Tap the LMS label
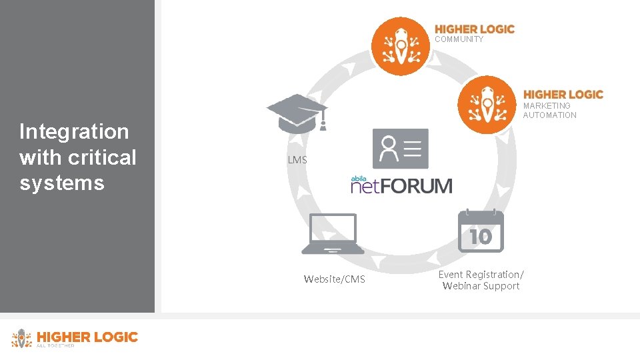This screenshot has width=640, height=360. pyautogui.click(x=297, y=160)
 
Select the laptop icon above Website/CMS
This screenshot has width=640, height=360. pyautogui.click(x=333, y=234)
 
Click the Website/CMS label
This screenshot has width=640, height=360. pyautogui.click(x=334, y=279)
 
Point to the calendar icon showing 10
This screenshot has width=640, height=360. pyautogui.click(x=481, y=231)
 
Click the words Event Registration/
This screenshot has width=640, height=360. pyautogui.click(x=481, y=275)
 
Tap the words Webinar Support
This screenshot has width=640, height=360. pyautogui.click(x=481, y=286)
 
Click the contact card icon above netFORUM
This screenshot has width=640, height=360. pyautogui.click(x=401, y=149)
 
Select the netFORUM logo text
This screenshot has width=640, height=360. pyautogui.click(x=401, y=185)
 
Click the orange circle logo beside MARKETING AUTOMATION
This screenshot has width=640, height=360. pyautogui.click(x=487, y=105)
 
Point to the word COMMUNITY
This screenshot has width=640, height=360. pyautogui.click(x=459, y=39)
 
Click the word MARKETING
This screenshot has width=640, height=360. pyautogui.click(x=547, y=105)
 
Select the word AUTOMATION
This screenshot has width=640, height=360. pyautogui.click(x=550, y=115)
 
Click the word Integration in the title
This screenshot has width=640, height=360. pyautogui.click(x=74, y=131)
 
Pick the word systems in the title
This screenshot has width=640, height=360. pyautogui.click(x=62, y=183)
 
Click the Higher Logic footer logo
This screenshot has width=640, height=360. pyautogui.click(x=75, y=338)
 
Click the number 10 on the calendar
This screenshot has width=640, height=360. pyautogui.click(x=481, y=236)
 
